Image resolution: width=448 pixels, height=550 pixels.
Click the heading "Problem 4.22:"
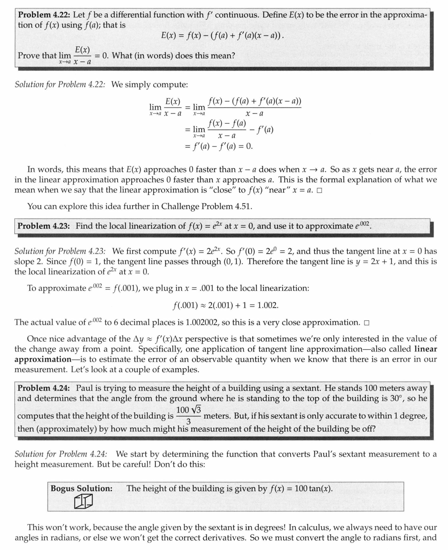(44, 15)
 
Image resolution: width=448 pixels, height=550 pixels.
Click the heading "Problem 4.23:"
(44, 226)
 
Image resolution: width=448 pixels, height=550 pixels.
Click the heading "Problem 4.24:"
(44, 388)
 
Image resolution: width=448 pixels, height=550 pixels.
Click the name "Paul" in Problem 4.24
(85, 388)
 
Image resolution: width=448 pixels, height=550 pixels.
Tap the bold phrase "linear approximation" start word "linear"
(426, 349)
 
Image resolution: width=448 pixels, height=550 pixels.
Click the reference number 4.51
(241, 206)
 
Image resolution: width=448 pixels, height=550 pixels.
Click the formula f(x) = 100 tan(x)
(301, 489)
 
